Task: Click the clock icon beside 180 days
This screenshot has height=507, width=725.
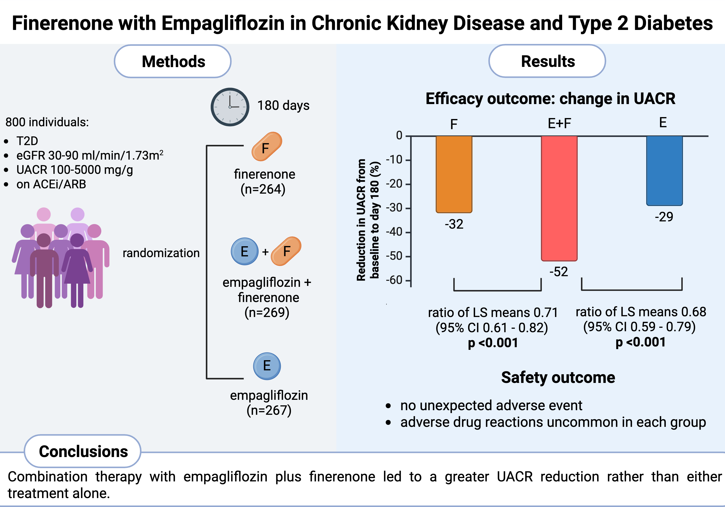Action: click(230, 107)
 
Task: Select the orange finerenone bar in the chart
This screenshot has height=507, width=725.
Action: click(454, 174)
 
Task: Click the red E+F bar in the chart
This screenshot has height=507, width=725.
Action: click(559, 198)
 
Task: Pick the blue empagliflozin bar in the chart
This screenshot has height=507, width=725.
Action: click(664, 171)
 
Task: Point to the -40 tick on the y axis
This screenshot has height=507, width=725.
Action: click(408, 232)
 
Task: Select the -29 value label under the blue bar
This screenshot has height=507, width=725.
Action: click(664, 217)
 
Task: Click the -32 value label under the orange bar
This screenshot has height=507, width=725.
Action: click(454, 224)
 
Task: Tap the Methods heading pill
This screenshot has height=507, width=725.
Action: click(173, 61)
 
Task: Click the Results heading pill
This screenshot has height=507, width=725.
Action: click(547, 61)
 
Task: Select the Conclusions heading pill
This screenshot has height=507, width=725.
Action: click(83, 451)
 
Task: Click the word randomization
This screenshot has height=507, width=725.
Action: click(161, 253)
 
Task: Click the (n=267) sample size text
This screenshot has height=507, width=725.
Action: click(269, 410)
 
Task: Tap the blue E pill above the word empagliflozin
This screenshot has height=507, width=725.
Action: click(267, 366)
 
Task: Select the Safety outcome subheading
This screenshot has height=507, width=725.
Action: click(558, 377)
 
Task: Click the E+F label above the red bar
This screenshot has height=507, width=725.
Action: click(559, 123)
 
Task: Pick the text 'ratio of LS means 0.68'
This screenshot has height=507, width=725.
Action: click(641, 312)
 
